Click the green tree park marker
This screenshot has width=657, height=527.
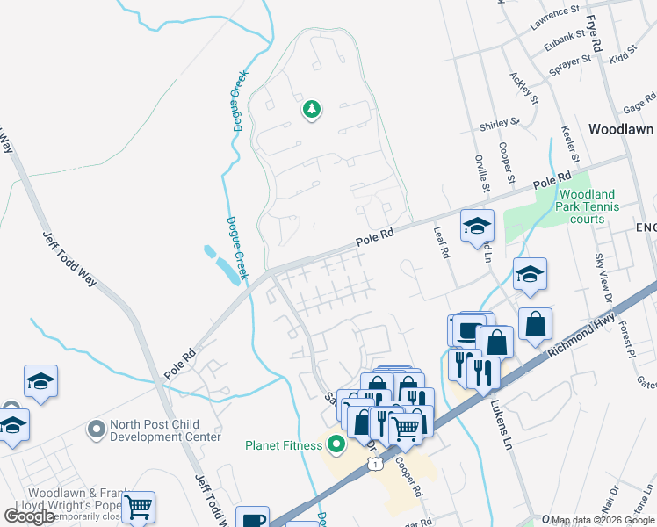pyautogui.click(x=311, y=110)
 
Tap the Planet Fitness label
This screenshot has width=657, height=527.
pyautogui.click(x=284, y=445)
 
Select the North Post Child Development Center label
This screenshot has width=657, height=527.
pyautogui.click(x=165, y=430)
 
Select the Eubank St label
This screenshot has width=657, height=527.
pyautogui.click(x=562, y=38)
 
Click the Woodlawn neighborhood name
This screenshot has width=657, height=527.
pyautogui.click(x=621, y=129)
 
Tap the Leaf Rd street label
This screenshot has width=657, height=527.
pyautogui.click(x=442, y=241)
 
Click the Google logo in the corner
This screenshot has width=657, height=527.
pyautogui.click(x=30, y=516)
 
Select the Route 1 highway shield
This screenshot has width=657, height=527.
pyautogui.click(x=376, y=464)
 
